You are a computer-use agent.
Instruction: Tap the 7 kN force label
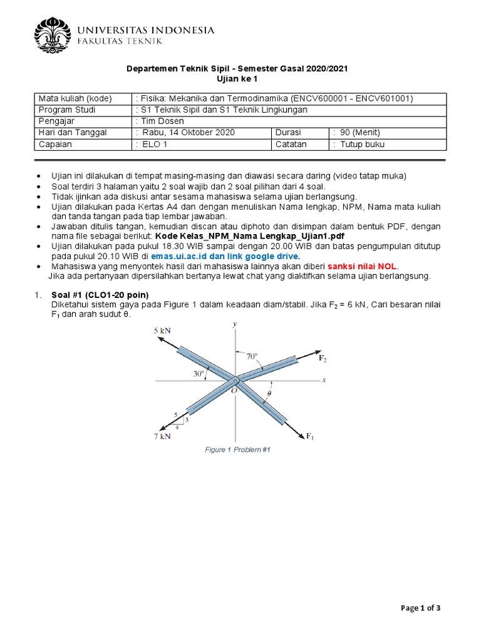point(161,436)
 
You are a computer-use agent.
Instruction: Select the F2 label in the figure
point(323,359)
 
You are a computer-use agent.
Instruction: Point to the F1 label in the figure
point(310,436)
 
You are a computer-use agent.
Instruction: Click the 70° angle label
point(252,356)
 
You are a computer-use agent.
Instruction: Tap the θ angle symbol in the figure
point(269,394)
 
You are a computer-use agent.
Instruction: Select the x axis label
point(324,380)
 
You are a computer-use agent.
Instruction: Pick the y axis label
point(234,324)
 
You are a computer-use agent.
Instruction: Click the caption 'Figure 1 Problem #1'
point(238,450)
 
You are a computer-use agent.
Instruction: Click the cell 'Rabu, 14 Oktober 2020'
point(187,133)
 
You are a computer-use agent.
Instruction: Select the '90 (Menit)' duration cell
point(357,133)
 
